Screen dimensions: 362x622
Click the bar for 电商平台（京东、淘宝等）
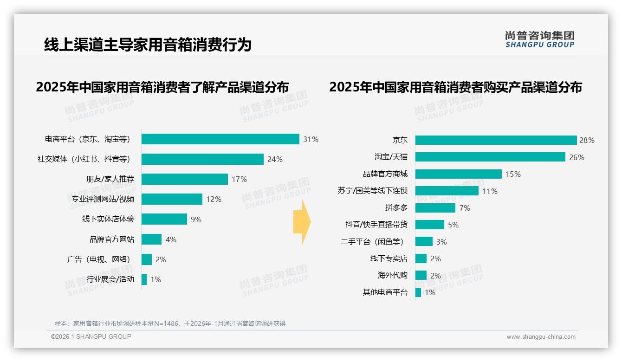coord(220,139)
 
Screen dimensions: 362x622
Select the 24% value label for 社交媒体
coord(275,159)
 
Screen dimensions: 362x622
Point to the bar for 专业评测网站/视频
coord(172,199)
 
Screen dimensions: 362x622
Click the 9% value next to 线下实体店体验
coord(196,220)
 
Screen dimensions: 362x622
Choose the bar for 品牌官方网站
coord(151,239)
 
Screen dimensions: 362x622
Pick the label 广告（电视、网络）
coord(98,259)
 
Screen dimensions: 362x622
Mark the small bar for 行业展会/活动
coord(144,279)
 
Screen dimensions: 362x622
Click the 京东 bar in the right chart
coord(496,140)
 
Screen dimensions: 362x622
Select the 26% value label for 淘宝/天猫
coord(577,157)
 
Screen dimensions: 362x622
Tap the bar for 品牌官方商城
coord(459,174)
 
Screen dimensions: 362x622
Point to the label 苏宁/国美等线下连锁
coord(373,191)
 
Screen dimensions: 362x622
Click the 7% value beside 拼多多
coord(465,208)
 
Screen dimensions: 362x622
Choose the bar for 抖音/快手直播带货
coord(430,225)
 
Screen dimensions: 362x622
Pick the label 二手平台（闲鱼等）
coord(372,242)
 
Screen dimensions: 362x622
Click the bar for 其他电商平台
coord(418,292)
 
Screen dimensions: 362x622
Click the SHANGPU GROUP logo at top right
coord(540,39)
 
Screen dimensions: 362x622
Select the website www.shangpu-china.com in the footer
coord(541,337)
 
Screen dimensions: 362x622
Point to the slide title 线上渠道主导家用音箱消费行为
coord(148,45)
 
